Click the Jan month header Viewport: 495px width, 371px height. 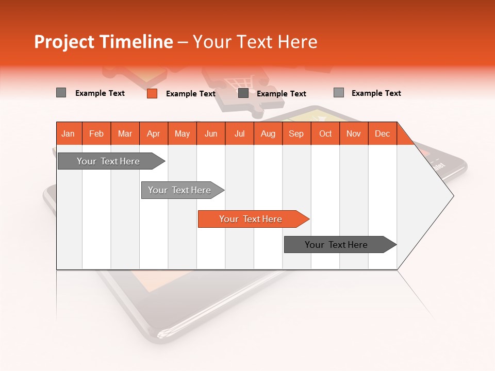[69, 133]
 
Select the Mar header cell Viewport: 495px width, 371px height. [125, 133]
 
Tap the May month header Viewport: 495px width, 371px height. [182, 133]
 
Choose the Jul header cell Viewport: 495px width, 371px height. [239, 133]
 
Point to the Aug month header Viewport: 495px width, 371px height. [268, 133]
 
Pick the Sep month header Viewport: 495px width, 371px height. [296, 133]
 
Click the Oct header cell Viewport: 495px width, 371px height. [325, 133]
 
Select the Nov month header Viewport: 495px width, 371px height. [354, 133]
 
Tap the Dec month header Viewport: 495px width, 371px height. [382, 133]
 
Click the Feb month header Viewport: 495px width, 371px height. [96, 133]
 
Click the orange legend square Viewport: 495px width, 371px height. [152, 93]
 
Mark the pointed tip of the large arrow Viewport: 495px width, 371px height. [452, 195]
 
